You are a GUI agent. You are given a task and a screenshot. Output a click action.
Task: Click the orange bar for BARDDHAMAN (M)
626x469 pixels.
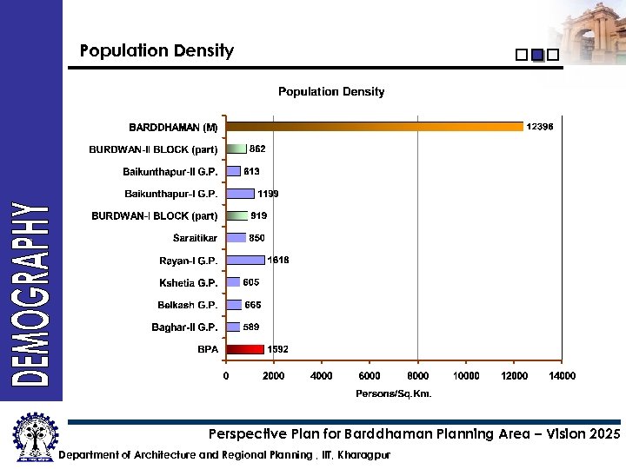tap(374, 127)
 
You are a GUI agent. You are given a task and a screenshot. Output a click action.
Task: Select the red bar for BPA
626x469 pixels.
tap(245, 349)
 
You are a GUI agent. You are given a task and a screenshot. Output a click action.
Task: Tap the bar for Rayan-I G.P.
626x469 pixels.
tap(245, 260)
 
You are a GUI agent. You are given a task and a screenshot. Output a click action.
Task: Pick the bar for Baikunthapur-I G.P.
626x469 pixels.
tap(240, 194)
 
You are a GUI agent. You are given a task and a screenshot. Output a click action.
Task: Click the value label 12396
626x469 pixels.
tap(540, 127)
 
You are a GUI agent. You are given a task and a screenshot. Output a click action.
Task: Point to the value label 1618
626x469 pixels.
tap(278, 260)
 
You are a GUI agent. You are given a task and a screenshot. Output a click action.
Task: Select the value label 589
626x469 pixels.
tap(252, 327)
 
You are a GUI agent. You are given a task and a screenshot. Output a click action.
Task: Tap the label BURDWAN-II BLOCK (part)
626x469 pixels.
tap(153, 149)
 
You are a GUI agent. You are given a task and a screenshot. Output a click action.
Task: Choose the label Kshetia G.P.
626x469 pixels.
tap(188, 282)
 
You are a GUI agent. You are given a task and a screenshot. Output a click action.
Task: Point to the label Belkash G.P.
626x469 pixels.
tap(187, 305)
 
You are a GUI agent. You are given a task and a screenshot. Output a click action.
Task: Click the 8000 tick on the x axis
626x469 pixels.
tap(418, 376)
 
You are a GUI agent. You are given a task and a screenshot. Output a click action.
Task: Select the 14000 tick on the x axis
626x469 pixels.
tap(562, 376)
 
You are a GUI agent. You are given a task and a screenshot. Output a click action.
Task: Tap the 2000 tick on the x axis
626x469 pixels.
tap(274, 376)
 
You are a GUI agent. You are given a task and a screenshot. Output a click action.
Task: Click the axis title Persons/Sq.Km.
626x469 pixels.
tap(394, 393)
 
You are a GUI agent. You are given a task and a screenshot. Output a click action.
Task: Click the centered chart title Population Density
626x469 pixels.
tap(331, 91)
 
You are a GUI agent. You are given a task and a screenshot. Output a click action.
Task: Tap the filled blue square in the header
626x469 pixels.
tap(537, 55)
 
